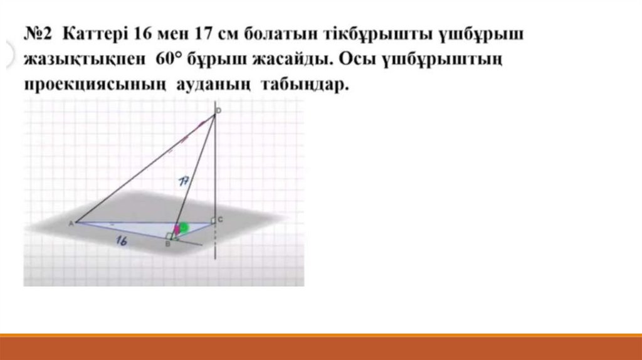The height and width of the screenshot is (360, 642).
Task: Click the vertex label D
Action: click(x=218, y=110)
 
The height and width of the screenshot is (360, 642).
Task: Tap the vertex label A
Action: click(x=71, y=224)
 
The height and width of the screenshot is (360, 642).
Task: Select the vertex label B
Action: click(x=167, y=244)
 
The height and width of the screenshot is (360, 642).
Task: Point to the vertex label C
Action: click(x=220, y=220)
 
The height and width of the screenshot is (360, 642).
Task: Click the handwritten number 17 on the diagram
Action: click(x=184, y=181)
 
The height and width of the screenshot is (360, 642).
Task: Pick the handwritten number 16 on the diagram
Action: click(x=121, y=240)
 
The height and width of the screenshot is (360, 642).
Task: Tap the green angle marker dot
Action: click(x=184, y=227)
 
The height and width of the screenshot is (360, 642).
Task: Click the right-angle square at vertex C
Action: click(x=213, y=221)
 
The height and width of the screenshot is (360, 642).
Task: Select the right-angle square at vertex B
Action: click(x=169, y=236)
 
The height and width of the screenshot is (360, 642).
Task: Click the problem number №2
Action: click(x=38, y=34)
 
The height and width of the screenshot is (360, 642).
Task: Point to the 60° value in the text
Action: click(x=168, y=59)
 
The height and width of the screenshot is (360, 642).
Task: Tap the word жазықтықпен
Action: click(x=85, y=60)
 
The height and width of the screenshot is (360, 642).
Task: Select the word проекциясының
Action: click(x=95, y=85)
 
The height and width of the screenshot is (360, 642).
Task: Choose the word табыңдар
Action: click(x=305, y=85)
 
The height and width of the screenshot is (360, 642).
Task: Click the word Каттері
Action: click(x=95, y=34)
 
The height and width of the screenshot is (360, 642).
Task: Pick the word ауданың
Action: click(x=213, y=85)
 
